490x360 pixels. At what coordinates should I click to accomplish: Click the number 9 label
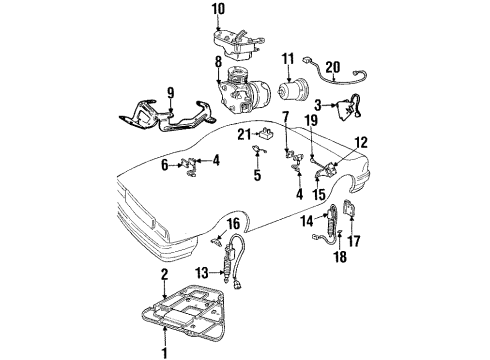171,94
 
